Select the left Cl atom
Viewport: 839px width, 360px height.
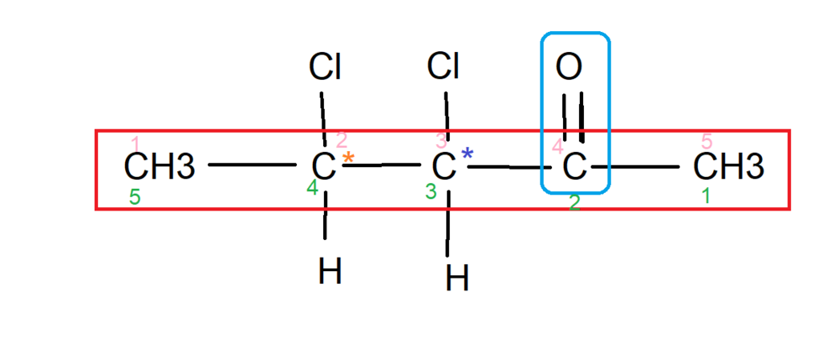[x=325, y=65]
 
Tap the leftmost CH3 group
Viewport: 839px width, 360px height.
[x=159, y=167]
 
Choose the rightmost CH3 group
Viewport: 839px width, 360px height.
[x=728, y=167]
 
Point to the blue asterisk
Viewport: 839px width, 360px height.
[x=467, y=155]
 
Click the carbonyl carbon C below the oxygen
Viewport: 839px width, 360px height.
[x=573, y=167]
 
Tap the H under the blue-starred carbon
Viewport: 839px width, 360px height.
[x=456, y=278]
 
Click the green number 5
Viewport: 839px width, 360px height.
[x=135, y=198]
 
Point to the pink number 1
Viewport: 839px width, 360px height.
[x=137, y=143]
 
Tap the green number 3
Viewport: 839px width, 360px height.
[x=430, y=192]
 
